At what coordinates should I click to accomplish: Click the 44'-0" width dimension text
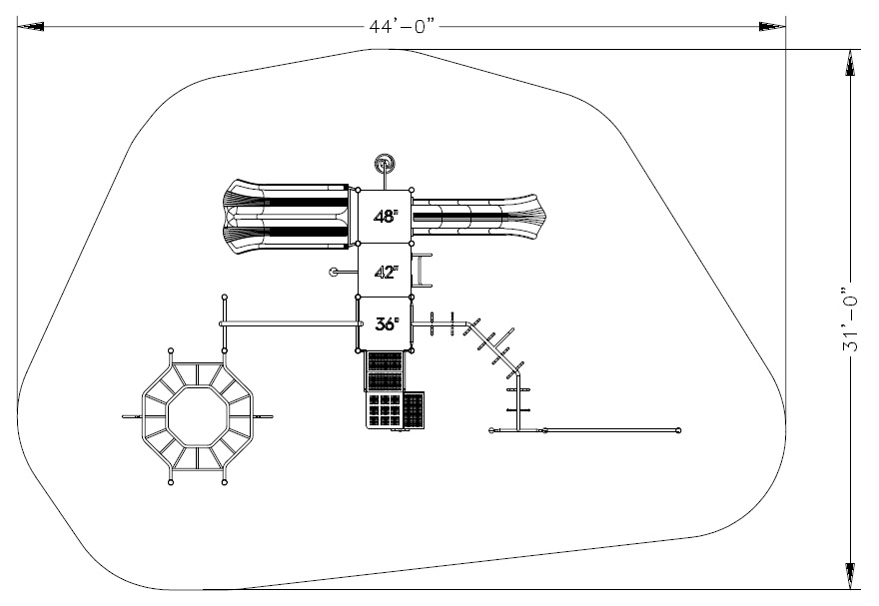point(402,26)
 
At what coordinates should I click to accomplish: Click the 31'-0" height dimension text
point(850,319)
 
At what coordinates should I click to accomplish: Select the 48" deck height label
point(386,217)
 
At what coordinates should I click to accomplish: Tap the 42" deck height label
point(386,273)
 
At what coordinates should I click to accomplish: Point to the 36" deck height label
point(387,323)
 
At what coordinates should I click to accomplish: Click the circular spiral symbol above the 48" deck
point(385,164)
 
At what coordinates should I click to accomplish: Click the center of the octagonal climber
point(198,416)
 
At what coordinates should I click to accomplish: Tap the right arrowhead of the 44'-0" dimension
point(772,26)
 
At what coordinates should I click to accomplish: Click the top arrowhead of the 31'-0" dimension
point(850,63)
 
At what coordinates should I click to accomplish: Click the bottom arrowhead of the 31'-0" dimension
point(850,576)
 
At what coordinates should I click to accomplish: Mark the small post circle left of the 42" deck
point(333,273)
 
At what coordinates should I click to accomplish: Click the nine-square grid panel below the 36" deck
point(385,410)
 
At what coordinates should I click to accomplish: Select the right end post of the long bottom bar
point(678,430)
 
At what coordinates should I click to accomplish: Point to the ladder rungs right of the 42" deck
point(423,271)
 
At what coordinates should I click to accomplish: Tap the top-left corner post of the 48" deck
point(359,190)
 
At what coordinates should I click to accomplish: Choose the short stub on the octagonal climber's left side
point(132,416)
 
